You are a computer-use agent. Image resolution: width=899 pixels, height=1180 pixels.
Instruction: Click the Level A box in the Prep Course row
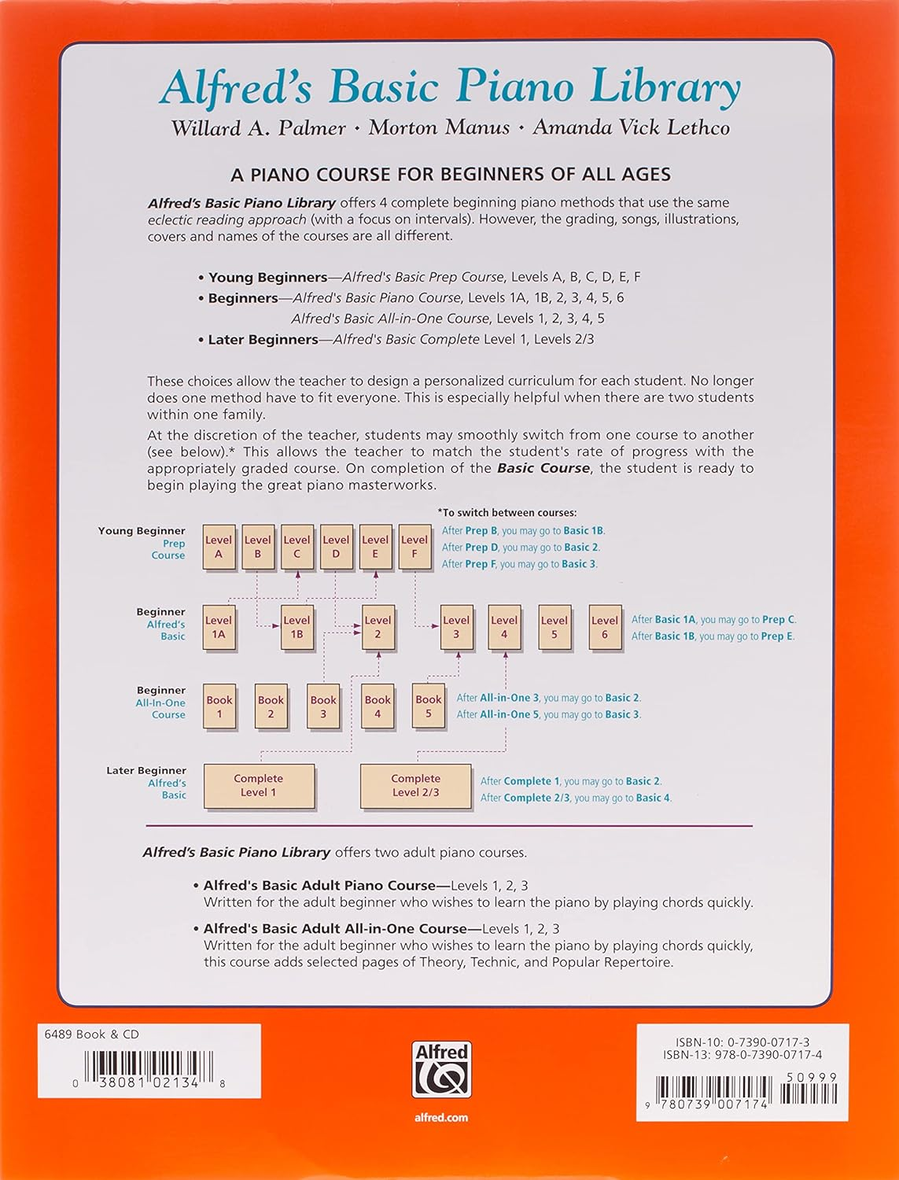[219, 547]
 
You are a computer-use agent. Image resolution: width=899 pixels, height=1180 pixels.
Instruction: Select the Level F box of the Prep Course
[414, 547]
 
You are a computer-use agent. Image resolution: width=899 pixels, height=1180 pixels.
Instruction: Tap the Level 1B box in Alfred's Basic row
[297, 627]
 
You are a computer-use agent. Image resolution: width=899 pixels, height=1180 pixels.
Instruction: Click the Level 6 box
[604, 627]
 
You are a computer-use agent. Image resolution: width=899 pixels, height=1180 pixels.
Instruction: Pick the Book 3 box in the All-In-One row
[323, 706]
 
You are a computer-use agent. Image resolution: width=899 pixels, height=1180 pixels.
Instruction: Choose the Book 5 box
[429, 706]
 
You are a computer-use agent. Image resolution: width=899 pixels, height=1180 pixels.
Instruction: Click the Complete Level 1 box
[259, 785]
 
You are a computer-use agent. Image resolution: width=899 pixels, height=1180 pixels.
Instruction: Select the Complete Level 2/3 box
[415, 785]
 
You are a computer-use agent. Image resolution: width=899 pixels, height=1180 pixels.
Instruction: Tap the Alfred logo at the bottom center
[441, 1070]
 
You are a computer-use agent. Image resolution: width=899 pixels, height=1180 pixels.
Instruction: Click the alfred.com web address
[441, 1117]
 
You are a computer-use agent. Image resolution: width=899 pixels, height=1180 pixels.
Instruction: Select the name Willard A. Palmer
[258, 127]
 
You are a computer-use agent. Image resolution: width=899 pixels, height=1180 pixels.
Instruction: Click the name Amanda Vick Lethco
[631, 127]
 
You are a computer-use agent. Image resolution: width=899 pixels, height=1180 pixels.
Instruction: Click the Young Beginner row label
[142, 531]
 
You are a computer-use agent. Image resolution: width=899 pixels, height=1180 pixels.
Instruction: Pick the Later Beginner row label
[146, 770]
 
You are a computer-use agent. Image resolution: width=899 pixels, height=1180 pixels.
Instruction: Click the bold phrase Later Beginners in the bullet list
[263, 339]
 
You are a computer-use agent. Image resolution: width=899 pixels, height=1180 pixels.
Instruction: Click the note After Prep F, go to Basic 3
[519, 564]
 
